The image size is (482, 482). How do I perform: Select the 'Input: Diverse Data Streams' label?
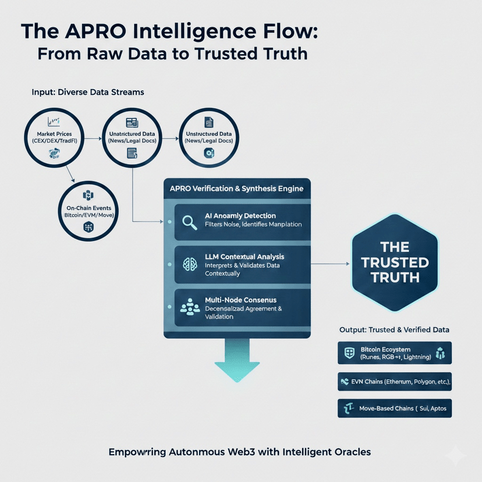click(x=88, y=92)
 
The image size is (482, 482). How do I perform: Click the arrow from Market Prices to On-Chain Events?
click(x=69, y=172)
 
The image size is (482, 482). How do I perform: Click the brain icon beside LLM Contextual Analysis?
click(x=190, y=263)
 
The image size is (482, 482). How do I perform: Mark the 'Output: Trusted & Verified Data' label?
click(x=394, y=329)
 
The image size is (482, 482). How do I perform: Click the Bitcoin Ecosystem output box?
click(x=394, y=353)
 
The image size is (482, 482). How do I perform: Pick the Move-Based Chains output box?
click(x=394, y=408)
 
